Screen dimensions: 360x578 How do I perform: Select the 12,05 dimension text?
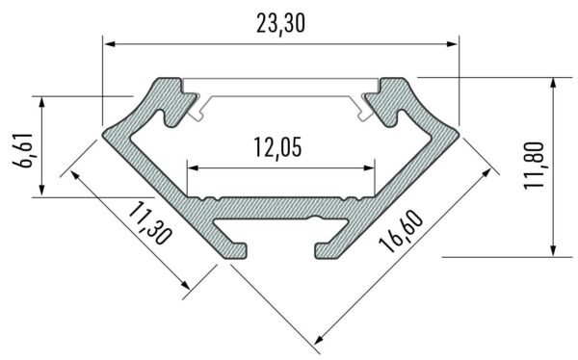coord(279,148)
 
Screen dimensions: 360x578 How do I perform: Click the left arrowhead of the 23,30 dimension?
coord(109,43)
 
